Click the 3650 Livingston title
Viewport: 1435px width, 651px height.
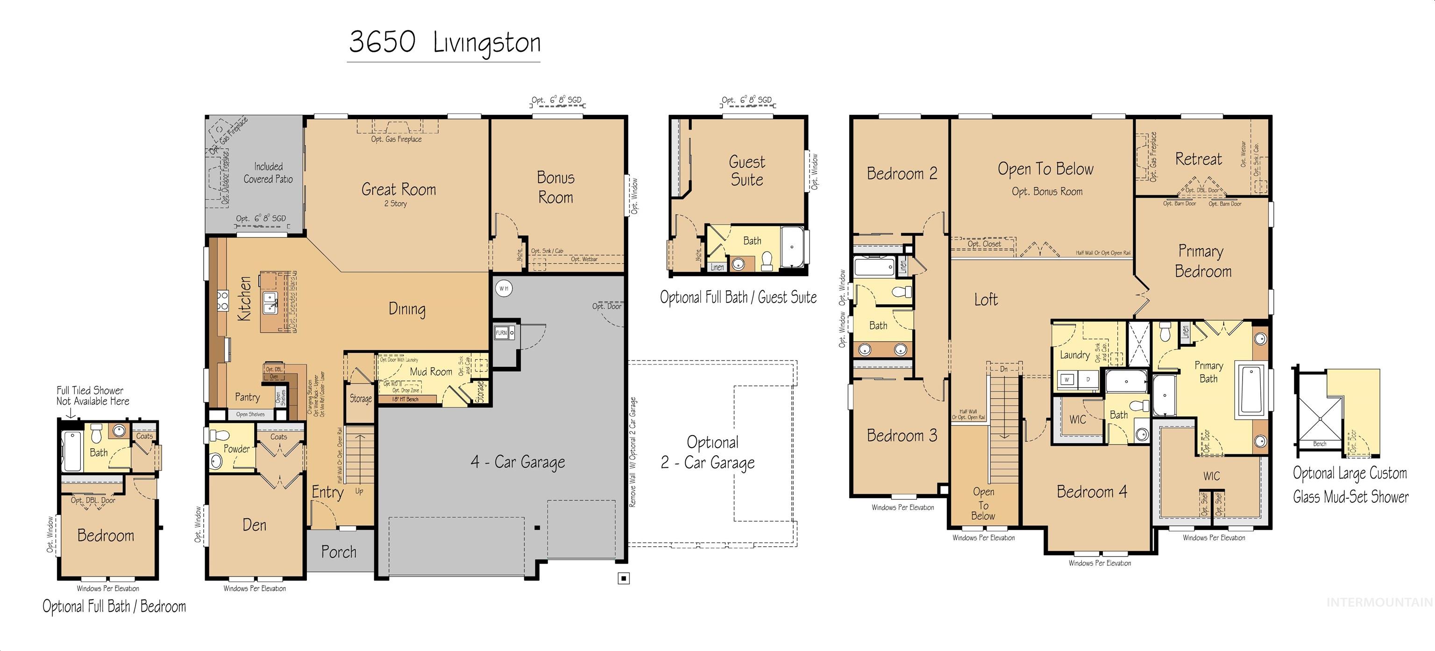pos(444,43)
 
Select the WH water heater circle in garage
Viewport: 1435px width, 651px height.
pos(504,288)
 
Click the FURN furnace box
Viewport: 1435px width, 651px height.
pos(501,333)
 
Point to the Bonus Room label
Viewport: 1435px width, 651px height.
pos(555,187)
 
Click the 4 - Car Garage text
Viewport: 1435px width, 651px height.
pos(518,462)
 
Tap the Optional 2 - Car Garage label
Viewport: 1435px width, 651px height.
pos(712,452)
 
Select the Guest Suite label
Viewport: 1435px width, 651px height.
pos(747,171)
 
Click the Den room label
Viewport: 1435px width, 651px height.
pos(254,525)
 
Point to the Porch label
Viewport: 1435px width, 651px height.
pos(338,552)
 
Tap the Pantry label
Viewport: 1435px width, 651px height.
pos(247,397)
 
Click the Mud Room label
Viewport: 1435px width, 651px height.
pos(431,371)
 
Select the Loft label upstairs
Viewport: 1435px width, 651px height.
pos(986,300)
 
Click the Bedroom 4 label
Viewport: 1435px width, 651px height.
pos(1091,492)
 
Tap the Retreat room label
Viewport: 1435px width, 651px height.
pos(1198,159)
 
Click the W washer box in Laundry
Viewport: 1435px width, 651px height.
pos(1067,379)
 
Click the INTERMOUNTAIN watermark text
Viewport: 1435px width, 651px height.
pos(1379,602)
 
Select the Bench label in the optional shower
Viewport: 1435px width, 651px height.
pos(1319,444)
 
